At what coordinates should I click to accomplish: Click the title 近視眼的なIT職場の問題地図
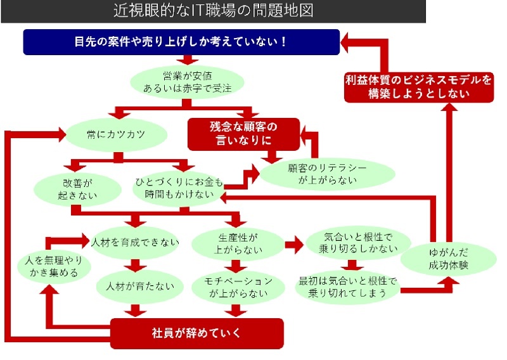pos(213,11)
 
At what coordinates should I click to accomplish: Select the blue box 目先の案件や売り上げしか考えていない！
pos(181,42)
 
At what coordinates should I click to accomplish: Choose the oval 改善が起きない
pos(68,188)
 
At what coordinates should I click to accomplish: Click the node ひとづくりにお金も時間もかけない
pos(179,188)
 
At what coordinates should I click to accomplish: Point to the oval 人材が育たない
pos(135,286)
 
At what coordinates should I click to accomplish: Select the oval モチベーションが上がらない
pos(238,286)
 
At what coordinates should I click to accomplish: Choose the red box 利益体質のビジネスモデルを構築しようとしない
pos(418,87)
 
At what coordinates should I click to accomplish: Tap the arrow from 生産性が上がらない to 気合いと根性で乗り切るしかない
pos(292,243)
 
